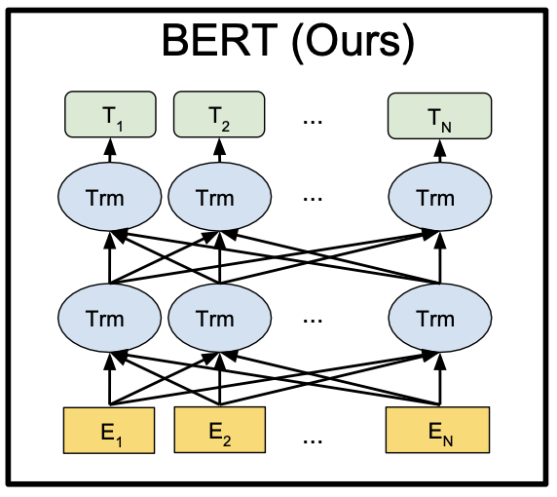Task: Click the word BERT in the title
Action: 219,40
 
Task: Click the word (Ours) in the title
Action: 353,43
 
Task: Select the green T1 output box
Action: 110,114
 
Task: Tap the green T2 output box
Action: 219,114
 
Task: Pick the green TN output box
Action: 440,116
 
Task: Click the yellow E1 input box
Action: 109,430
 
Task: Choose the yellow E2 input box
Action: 219,430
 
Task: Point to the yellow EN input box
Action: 437,430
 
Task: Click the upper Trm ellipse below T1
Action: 109,197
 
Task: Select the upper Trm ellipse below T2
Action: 219,197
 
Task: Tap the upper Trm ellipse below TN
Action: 440,197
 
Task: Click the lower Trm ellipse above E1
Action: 109,318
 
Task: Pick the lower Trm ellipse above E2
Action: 219,318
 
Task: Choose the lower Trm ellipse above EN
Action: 440,318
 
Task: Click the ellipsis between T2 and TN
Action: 313,122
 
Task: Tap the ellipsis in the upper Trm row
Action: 313,200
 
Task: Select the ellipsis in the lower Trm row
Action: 313,321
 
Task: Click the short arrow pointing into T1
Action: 110,150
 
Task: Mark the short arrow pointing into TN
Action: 440,151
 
